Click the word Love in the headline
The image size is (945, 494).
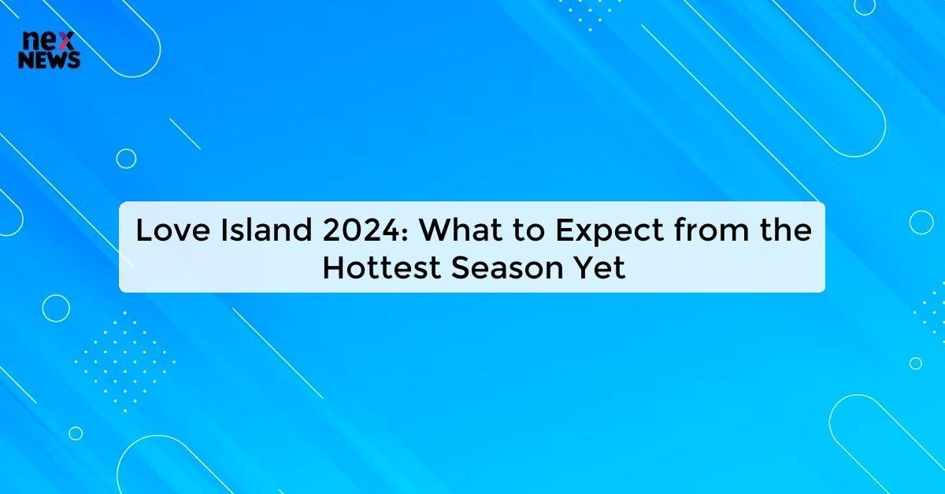tap(168, 231)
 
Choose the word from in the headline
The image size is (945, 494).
tap(704, 231)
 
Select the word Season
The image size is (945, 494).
tap(502, 268)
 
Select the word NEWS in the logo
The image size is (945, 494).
tap(49, 61)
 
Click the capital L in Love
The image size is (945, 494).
tap(143, 231)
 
